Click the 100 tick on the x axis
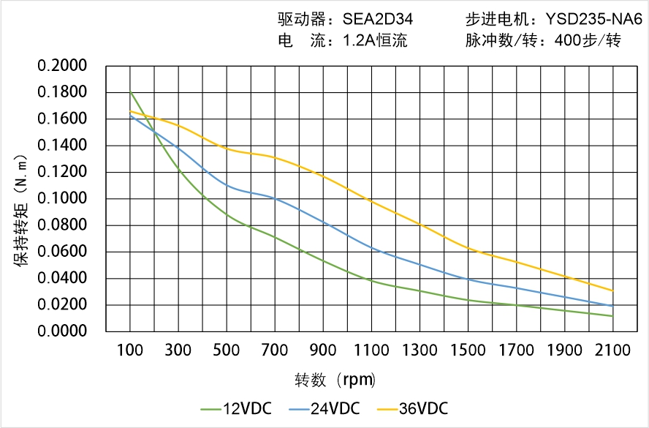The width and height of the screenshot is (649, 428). (130, 350)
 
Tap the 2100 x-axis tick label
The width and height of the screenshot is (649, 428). (612, 350)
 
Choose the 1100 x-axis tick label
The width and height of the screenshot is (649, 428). (371, 350)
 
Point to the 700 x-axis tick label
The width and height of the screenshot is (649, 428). (275, 350)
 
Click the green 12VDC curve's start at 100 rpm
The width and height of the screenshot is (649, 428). (130, 91)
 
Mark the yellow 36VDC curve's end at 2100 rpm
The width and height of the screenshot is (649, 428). (612, 290)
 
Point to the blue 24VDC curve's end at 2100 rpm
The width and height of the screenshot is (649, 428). (612, 306)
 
